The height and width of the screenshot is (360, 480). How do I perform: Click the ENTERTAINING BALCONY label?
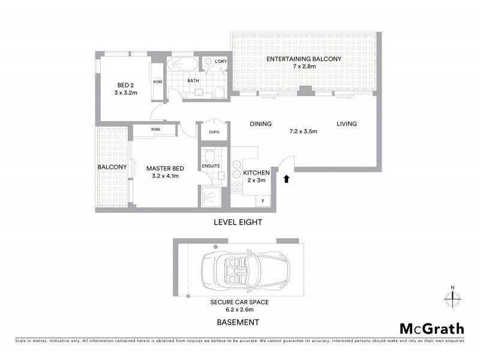coord(304,59)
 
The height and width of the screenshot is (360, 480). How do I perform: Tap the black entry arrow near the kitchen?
coord(286,178)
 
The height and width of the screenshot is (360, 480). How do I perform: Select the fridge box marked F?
coord(263,200)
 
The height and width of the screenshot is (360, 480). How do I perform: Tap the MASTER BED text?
coord(165,169)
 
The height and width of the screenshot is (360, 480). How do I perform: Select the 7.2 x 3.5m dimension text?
coord(302,132)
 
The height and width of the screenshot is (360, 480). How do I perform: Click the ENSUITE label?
coord(211,166)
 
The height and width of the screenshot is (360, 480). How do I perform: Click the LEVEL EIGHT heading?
coord(238,222)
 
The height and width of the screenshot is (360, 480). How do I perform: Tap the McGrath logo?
coord(431,328)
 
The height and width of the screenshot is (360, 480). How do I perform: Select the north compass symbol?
coord(452,296)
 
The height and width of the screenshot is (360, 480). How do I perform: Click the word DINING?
coord(260,124)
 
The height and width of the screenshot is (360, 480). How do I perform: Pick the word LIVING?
coord(346,124)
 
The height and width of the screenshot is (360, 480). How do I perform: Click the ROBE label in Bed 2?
coord(157,82)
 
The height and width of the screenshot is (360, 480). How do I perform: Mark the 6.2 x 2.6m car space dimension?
coord(239,310)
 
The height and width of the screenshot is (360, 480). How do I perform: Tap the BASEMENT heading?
coord(238,322)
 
